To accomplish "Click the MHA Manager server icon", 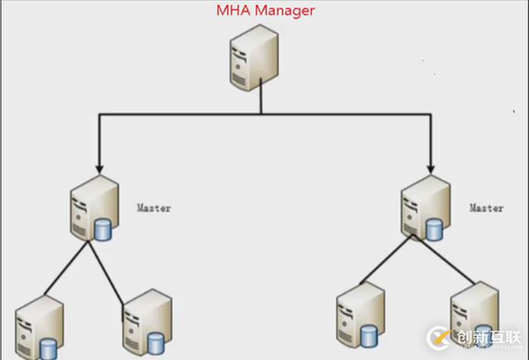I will (254, 57).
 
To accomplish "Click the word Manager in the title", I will (285, 11).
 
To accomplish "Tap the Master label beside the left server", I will (154, 207).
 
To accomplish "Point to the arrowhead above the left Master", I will (97, 165).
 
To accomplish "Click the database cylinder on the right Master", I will (435, 228).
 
